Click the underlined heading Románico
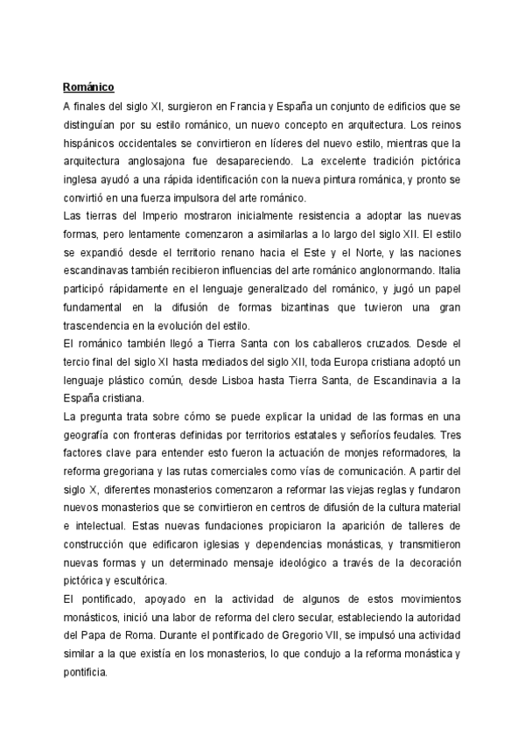[x=88, y=87]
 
